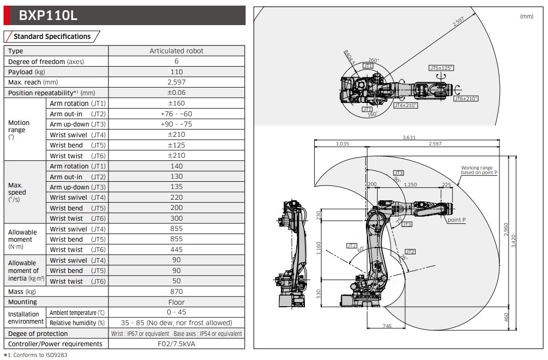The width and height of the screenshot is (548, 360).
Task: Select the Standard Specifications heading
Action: pos(52,36)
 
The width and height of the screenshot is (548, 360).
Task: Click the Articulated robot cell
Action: pos(176,51)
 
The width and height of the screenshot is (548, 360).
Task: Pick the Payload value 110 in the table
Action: pos(176,72)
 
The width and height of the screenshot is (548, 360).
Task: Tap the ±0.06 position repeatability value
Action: pos(176,93)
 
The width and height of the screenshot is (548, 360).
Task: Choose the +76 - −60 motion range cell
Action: pos(176,114)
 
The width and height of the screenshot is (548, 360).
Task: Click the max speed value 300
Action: pos(176,218)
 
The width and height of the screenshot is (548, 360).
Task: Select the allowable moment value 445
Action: pos(176,249)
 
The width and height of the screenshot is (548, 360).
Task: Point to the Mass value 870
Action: pos(176,291)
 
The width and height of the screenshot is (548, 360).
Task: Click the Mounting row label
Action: pos(23,302)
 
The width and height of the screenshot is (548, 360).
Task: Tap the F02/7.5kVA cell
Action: pos(176,344)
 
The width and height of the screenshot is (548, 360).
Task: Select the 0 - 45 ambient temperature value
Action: pos(176,312)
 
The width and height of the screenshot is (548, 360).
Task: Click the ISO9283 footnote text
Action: pos(35,355)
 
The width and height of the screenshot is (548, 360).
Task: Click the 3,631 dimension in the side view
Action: pos(409,137)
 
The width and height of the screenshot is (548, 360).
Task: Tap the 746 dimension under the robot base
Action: pos(387,326)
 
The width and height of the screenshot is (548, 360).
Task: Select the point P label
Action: pos(456,220)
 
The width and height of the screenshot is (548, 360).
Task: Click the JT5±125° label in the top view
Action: pos(441,68)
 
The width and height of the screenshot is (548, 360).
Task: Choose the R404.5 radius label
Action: pos(349,56)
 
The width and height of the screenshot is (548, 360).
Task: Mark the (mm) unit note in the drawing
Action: pos(526,16)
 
